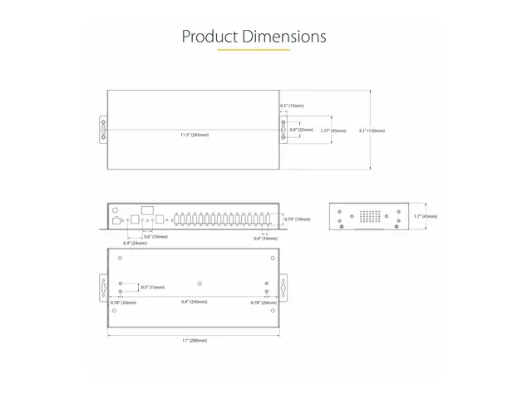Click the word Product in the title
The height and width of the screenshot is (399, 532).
point(210,37)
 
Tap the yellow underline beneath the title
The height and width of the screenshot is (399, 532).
point(254,51)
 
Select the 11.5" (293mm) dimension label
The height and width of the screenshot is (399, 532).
point(194,134)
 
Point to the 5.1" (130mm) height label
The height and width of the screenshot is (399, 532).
point(372,131)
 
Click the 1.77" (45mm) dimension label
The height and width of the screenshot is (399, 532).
point(333,131)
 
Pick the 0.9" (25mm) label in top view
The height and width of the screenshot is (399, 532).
point(301,131)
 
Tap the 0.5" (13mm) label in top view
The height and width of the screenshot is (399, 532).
point(292,106)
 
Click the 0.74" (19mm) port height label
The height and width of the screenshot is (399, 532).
point(297,219)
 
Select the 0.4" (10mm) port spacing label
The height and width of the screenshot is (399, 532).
point(265,239)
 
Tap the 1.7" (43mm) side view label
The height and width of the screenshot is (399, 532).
point(425,217)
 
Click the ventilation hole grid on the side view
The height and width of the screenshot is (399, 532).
point(370,216)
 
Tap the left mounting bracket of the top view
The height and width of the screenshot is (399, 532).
point(104,131)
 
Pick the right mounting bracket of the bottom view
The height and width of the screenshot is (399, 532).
point(283,289)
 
